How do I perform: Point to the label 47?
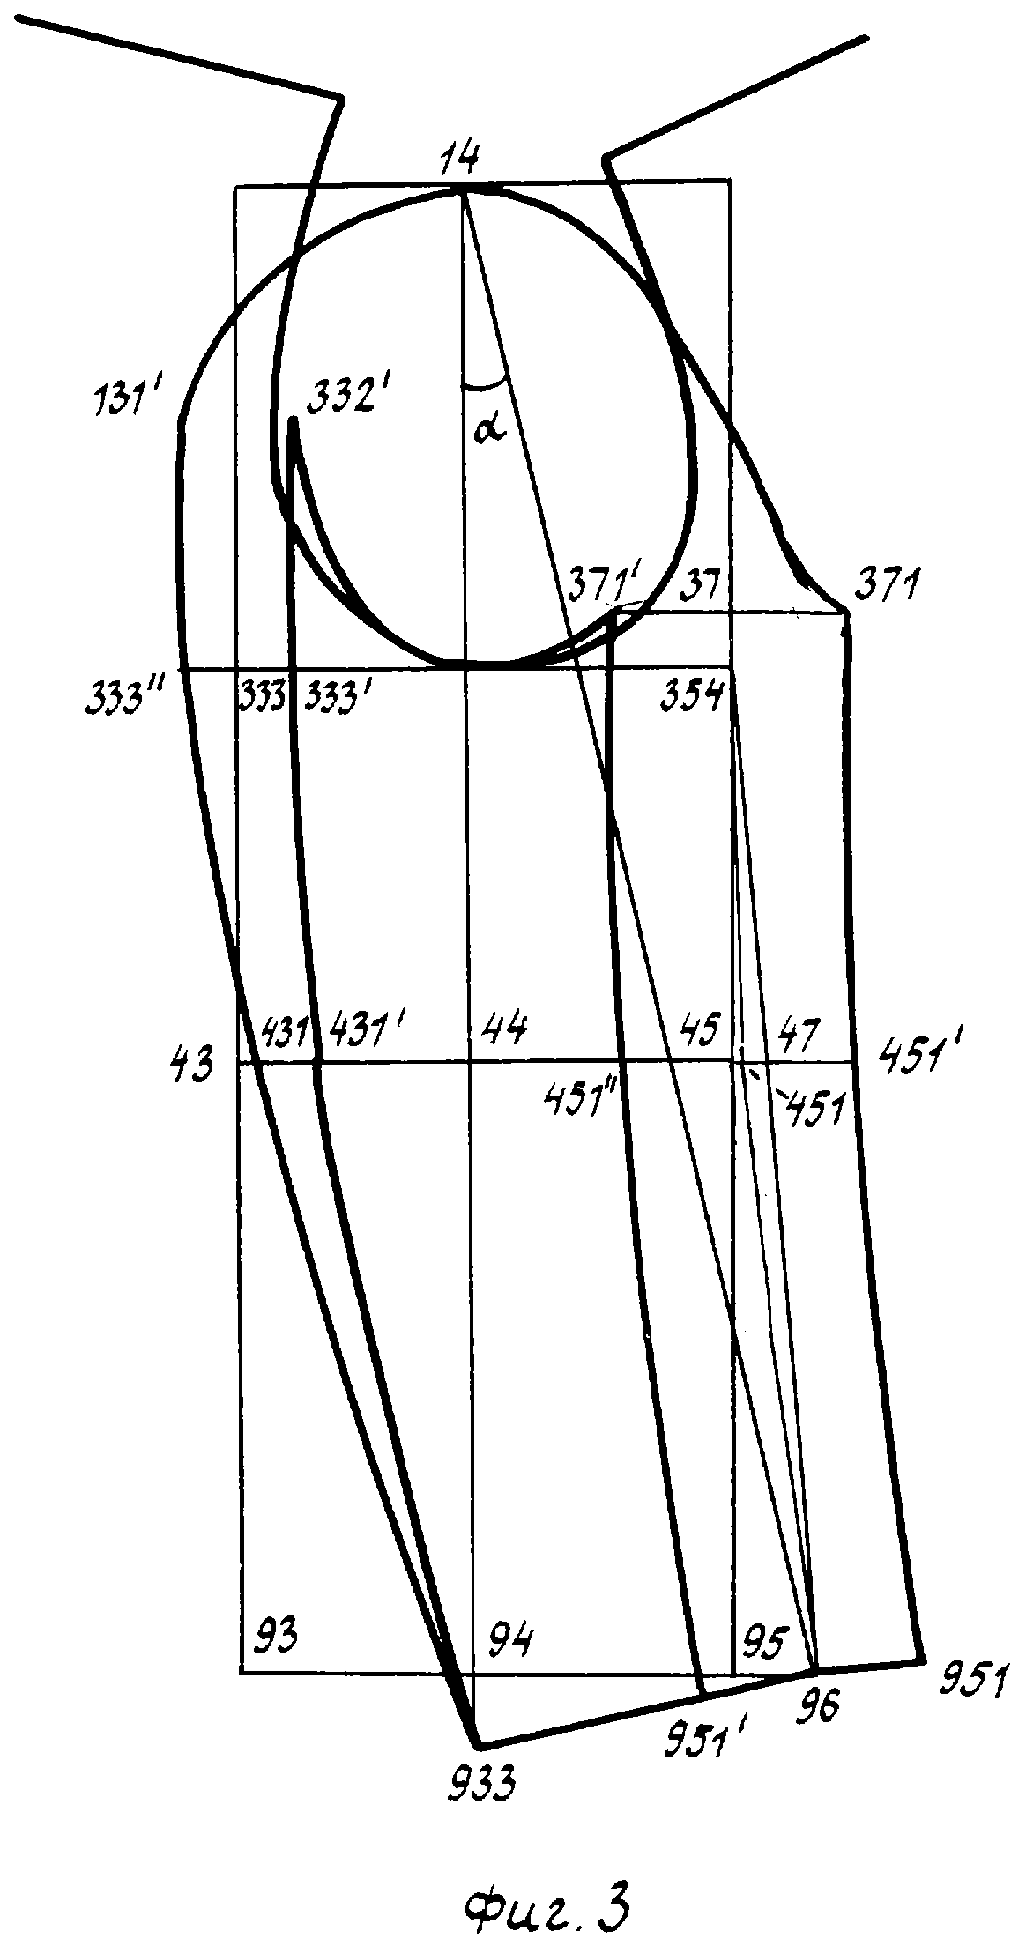pos(799,1029)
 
